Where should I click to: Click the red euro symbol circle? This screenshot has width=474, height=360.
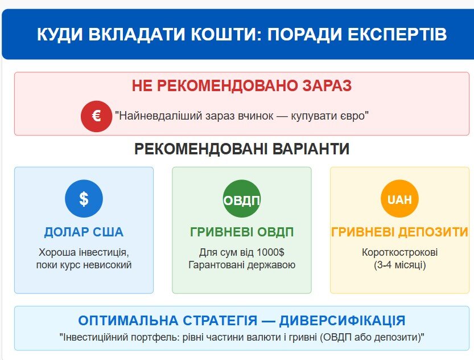click(x=96, y=116)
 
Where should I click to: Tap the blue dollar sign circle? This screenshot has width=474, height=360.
click(x=84, y=199)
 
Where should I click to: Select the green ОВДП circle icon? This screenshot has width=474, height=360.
click(x=241, y=199)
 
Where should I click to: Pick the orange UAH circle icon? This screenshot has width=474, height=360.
click(x=399, y=199)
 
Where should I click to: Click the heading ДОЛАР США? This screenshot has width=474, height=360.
click(x=84, y=232)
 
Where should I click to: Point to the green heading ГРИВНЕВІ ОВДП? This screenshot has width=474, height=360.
click(x=241, y=232)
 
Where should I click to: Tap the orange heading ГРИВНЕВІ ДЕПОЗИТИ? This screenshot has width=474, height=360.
click(x=399, y=232)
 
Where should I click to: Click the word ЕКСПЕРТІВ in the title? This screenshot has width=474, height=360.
click(x=397, y=34)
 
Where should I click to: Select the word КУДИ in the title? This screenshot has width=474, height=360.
click(x=60, y=34)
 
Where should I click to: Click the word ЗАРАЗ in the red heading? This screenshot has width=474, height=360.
click(x=327, y=85)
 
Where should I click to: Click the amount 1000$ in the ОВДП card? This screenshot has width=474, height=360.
click(x=270, y=252)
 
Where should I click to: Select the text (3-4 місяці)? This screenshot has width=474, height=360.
click(x=399, y=265)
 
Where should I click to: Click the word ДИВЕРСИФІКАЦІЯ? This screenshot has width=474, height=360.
click(x=342, y=320)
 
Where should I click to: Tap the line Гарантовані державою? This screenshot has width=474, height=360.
click(x=242, y=265)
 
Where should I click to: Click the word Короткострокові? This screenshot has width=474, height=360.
click(x=399, y=252)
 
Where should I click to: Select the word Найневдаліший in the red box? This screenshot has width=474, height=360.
click(x=160, y=116)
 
